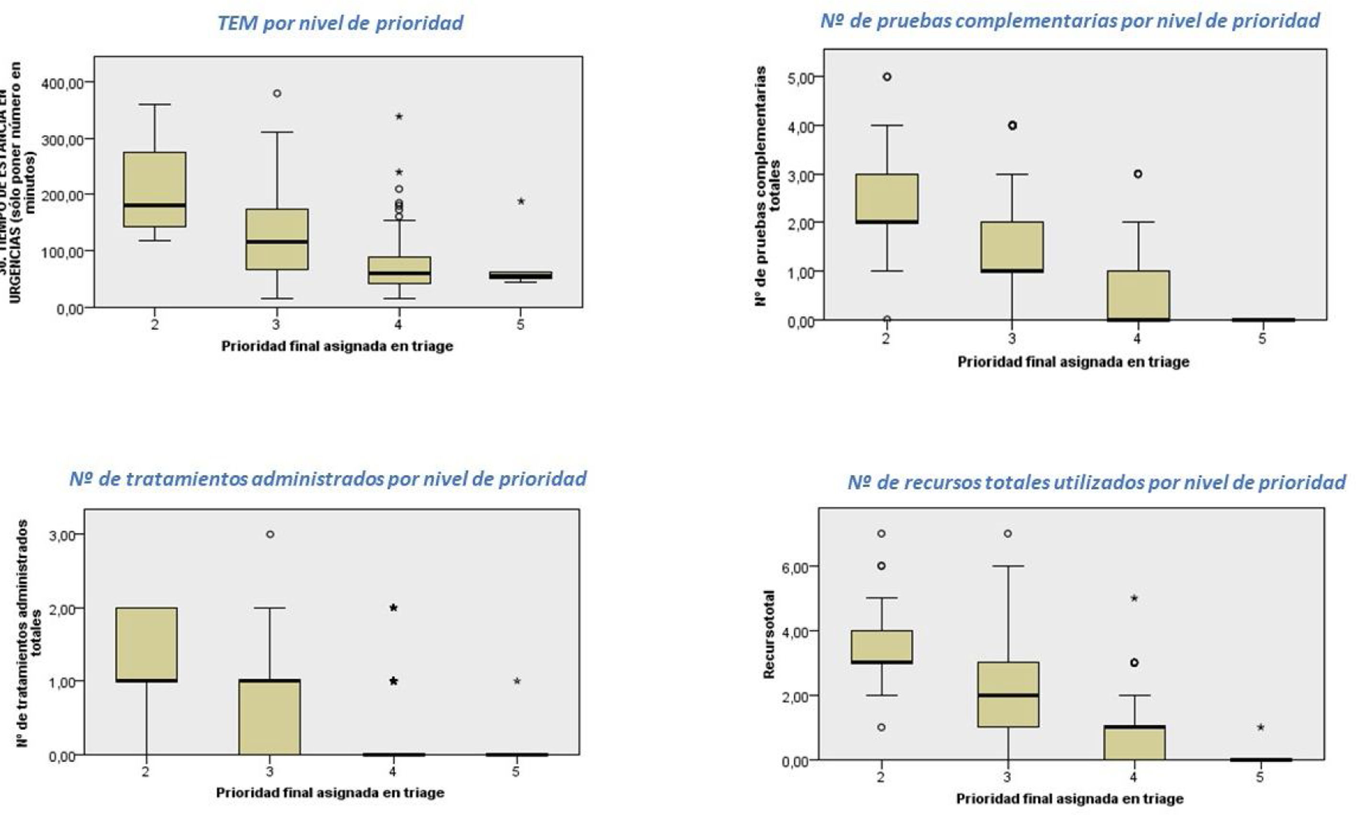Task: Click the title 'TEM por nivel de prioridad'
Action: [x=340, y=23]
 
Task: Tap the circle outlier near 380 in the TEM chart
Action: [x=277, y=93]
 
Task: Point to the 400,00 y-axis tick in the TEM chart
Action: [x=63, y=83]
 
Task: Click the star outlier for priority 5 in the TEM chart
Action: [x=521, y=201]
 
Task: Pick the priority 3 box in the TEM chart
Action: [x=277, y=239]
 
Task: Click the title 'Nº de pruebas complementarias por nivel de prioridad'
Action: [x=1069, y=21]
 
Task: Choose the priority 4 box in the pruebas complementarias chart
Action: [x=1137, y=295]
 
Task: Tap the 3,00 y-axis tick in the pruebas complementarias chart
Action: [x=801, y=175]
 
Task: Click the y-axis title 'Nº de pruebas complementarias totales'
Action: [x=767, y=186]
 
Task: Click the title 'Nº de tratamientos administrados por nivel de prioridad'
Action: [x=328, y=479]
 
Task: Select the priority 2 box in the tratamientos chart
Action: [x=146, y=644]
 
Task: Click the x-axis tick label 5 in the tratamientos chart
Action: [x=515, y=771]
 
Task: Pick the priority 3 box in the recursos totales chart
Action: [x=1008, y=694]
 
